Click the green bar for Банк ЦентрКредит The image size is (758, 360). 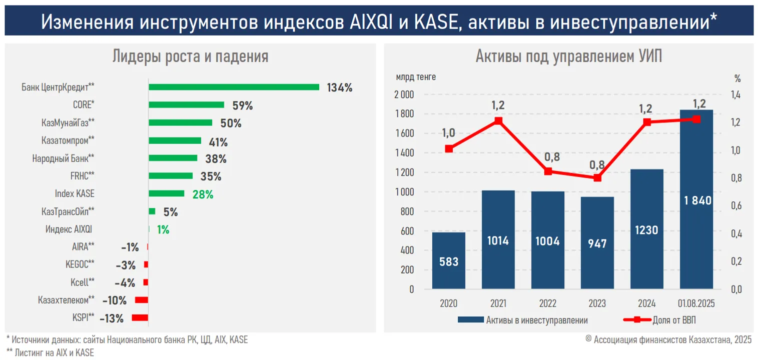[234, 87]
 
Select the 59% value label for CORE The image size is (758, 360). [243, 105]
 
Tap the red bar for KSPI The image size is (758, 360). [140, 317]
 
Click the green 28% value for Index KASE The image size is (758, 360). [203, 194]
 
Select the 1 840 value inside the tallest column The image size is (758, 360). [696, 200]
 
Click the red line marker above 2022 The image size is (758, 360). [548, 171]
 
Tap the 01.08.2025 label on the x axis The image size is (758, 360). [696, 303]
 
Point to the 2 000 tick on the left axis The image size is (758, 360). [404, 95]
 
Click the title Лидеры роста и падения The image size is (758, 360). [190, 56]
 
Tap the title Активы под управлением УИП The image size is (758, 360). [568, 56]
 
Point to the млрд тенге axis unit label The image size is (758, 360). [416, 77]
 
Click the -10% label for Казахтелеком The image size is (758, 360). [115, 300]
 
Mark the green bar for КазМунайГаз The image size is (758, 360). [180, 122]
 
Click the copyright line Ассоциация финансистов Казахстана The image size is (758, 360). [668, 339]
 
